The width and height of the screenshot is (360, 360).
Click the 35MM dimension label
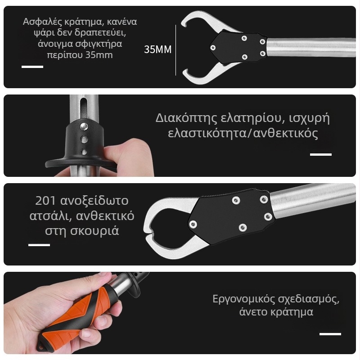(x=158, y=49)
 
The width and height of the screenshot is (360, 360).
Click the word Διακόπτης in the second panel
(x=186, y=118)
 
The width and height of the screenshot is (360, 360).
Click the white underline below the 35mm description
(x=32, y=67)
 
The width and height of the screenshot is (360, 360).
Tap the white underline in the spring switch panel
(x=321, y=154)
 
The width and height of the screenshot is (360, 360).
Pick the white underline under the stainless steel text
(x=39, y=245)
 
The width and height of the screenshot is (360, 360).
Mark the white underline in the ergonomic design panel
(x=330, y=334)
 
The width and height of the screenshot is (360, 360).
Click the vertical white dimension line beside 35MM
(x=175, y=50)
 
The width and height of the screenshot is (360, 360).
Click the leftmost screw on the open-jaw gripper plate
(x=213, y=48)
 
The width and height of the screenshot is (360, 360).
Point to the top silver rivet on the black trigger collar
(x=84, y=126)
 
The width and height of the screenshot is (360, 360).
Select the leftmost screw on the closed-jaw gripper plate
(x=194, y=224)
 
